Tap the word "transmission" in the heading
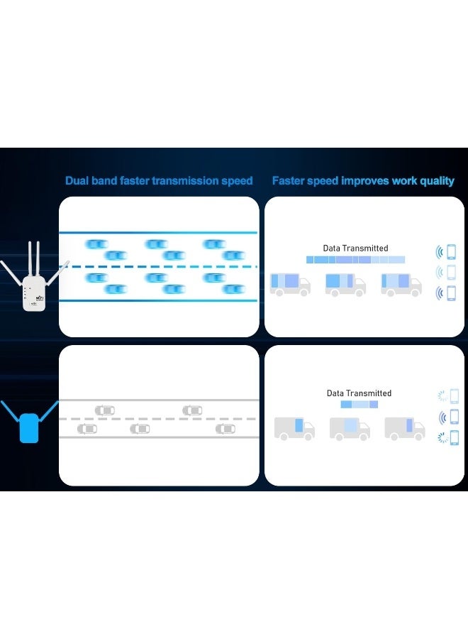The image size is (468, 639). click(x=186, y=181)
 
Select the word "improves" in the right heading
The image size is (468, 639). click(x=367, y=181)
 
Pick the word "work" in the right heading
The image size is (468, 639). click(x=403, y=181)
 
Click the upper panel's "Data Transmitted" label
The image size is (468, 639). click(x=355, y=248)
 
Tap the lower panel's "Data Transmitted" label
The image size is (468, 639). click(x=359, y=393)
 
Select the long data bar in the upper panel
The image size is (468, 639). click(x=355, y=260)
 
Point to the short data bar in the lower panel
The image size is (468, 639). click(x=359, y=404)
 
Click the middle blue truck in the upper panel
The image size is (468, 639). click(x=345, y=284)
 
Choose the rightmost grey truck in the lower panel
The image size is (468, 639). click(x=405, y=428)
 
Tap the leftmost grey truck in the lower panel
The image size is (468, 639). click(x=294, y=428)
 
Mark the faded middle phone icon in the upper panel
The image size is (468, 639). click(x=450, y=272)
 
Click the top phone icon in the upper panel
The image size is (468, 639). click(x=450, y=251)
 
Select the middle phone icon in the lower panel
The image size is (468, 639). click(x=454, y=417)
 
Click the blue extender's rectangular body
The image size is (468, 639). click(x=28, y=427)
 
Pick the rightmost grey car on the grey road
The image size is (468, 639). click(x=225, y=429)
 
